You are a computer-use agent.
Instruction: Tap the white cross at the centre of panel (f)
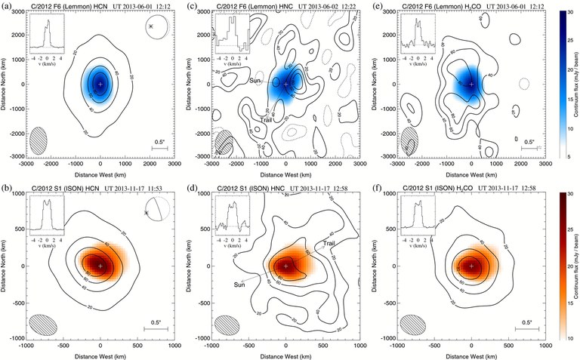[471, 266]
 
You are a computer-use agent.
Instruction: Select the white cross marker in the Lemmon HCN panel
[100, 84]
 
